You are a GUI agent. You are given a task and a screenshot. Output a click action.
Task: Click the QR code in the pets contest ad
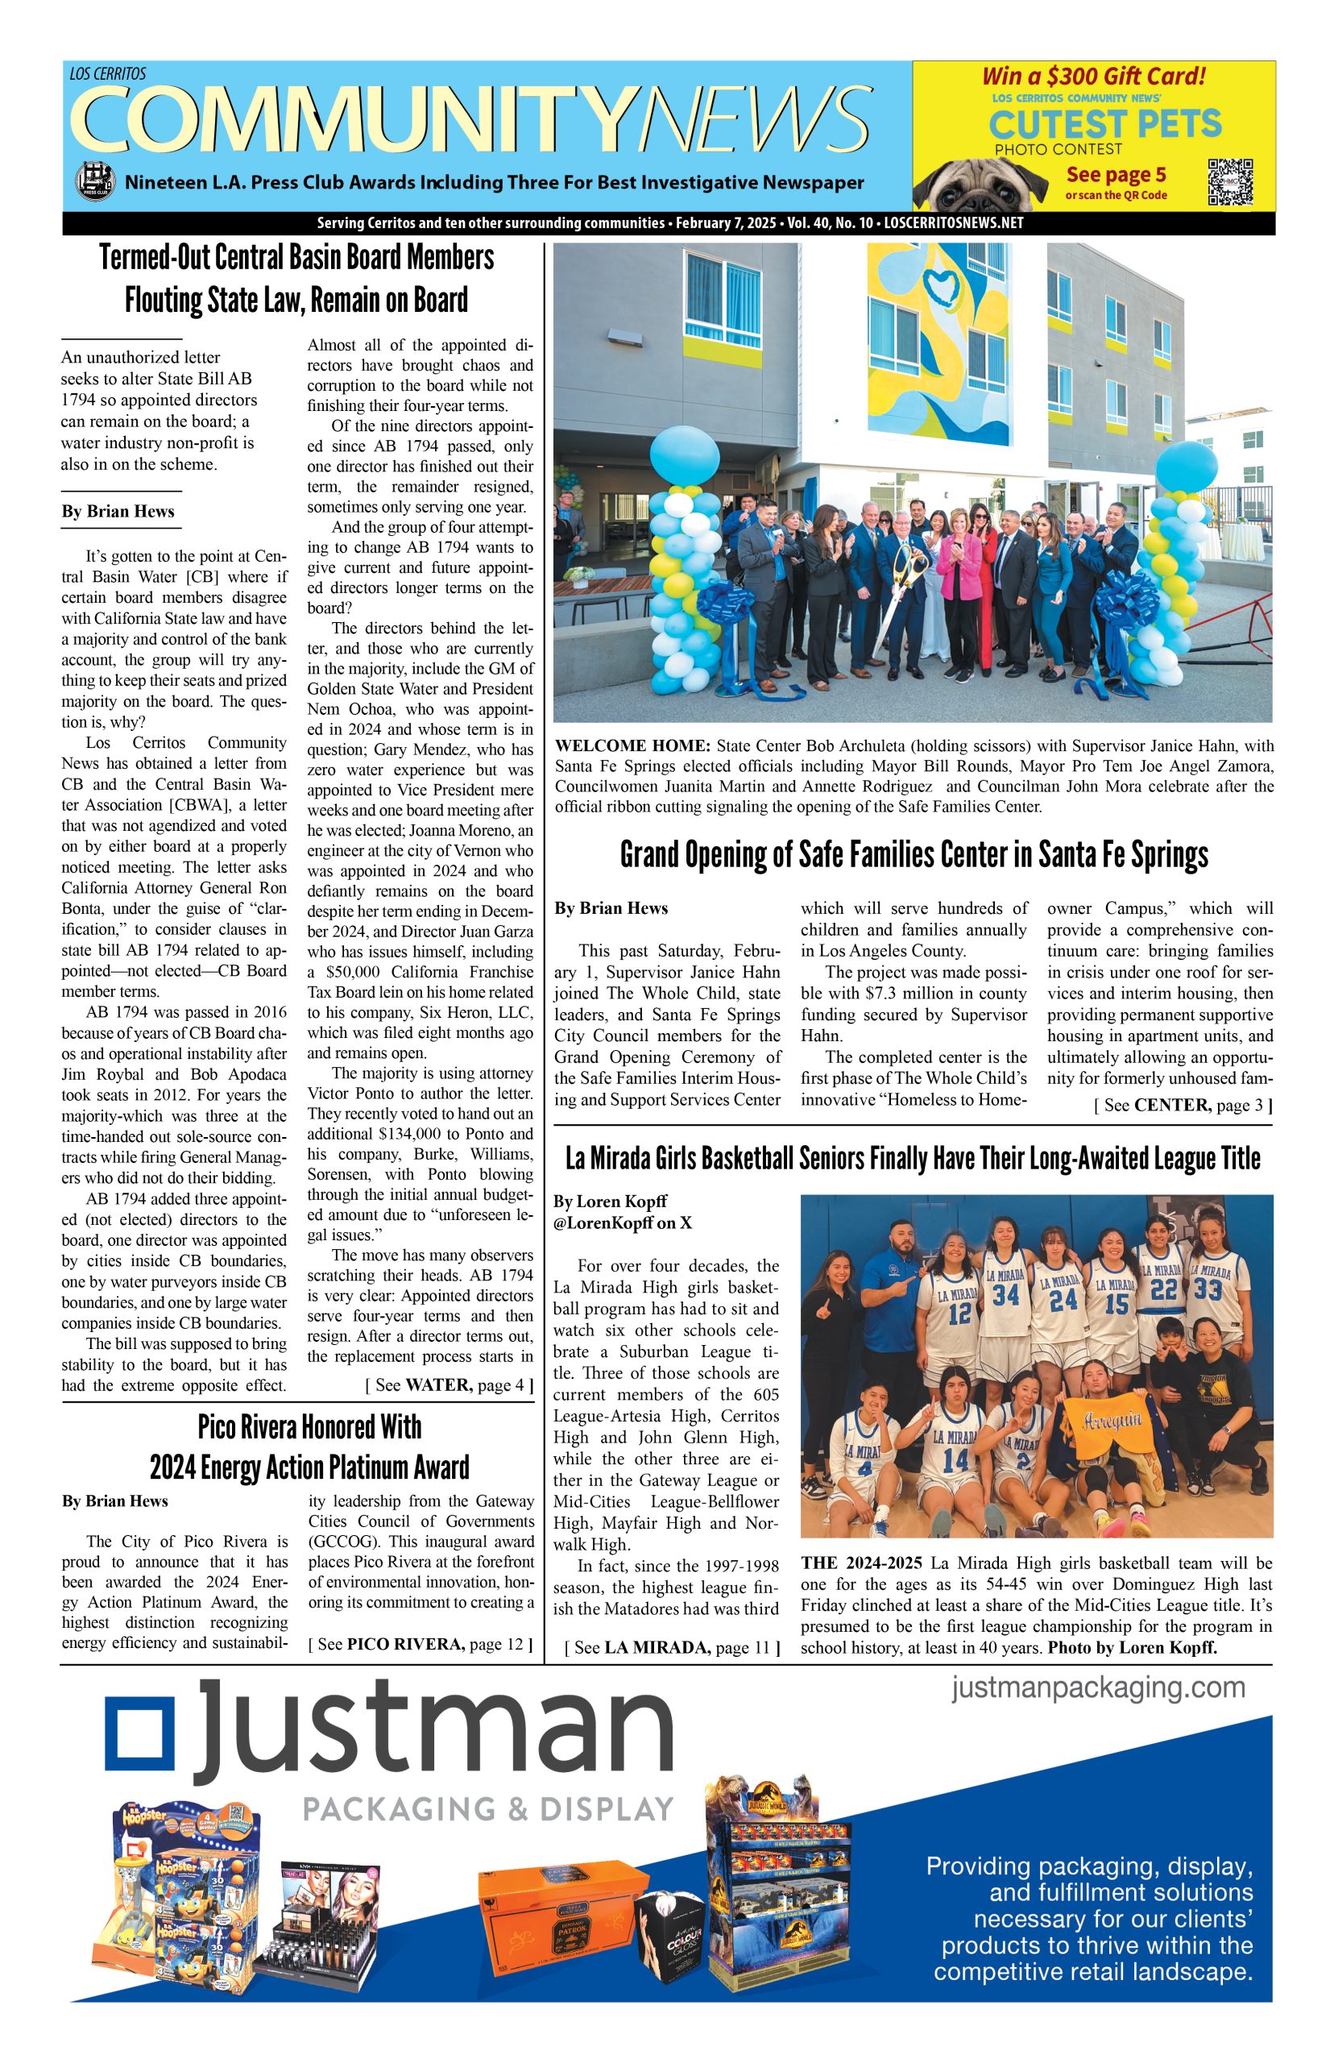1229,182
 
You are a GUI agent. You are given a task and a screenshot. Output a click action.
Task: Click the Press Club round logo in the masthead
93,182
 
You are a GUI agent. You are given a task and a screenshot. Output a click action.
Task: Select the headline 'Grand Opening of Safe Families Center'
913,855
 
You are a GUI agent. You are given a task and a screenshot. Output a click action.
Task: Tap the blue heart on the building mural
939,281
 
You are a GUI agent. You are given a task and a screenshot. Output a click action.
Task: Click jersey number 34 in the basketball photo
1005,1295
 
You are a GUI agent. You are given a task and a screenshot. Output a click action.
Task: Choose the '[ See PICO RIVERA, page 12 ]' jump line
420,1644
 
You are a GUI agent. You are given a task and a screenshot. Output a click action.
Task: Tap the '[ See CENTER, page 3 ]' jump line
1183,1105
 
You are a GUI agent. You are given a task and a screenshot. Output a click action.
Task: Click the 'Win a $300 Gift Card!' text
1093,77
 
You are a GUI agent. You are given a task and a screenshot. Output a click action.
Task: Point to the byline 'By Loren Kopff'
610,1201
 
